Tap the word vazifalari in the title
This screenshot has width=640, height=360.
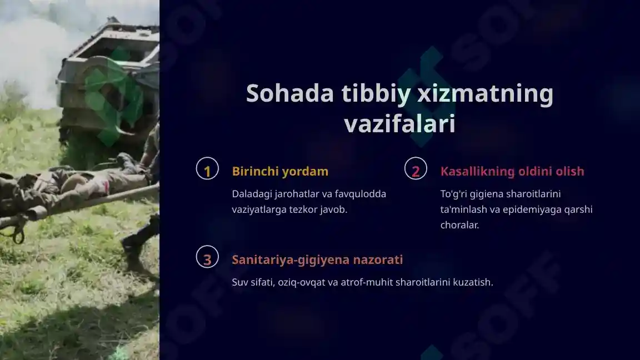(399, 124)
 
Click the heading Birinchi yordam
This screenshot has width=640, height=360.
(280, 171)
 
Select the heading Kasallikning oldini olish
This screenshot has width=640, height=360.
(512, 171)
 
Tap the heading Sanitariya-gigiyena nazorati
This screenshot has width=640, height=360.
(317, 259)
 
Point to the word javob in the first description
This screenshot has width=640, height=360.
(334, 210)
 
